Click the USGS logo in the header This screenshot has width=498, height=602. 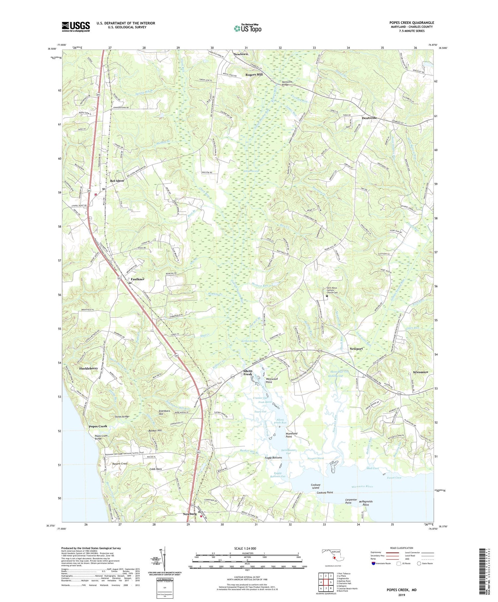click(76, 27)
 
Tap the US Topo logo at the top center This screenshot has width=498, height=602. click(248, 29)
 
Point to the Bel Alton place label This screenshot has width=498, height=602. click(117, 181)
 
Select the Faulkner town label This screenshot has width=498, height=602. click(137, 279)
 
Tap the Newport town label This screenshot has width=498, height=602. click(356, 349)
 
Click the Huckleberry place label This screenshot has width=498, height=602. click(88, 368)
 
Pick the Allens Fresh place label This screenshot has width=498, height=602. click(248, 373)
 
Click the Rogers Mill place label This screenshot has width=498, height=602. click(254, 75)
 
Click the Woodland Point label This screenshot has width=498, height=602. click(291, 435)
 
